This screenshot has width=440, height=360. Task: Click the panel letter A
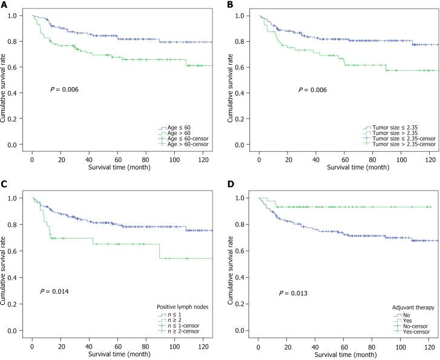(4, 5)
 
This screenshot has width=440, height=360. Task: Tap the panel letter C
(4, 188)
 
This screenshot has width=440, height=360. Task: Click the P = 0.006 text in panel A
(64, 90)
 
